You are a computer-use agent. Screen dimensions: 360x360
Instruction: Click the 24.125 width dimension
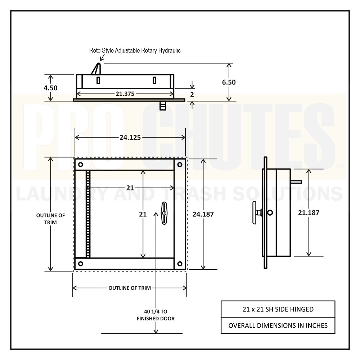130,138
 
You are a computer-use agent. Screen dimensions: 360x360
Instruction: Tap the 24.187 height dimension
203,214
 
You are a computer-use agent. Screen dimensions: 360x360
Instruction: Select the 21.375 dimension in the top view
125,94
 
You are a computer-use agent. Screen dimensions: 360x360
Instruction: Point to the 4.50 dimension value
50,88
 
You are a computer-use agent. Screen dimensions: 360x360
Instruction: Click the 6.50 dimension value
229,82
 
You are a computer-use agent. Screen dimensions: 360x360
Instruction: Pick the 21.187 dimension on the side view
309,213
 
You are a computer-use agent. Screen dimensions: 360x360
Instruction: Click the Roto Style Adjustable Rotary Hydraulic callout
135,50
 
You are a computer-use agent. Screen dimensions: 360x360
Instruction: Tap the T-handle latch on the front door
164,213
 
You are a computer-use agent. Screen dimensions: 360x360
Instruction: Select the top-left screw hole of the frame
81,165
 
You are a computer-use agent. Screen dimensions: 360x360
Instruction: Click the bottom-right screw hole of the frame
180,264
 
